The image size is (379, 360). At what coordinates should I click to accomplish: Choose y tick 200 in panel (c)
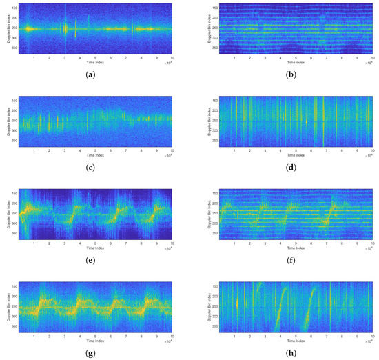point(14,110)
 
